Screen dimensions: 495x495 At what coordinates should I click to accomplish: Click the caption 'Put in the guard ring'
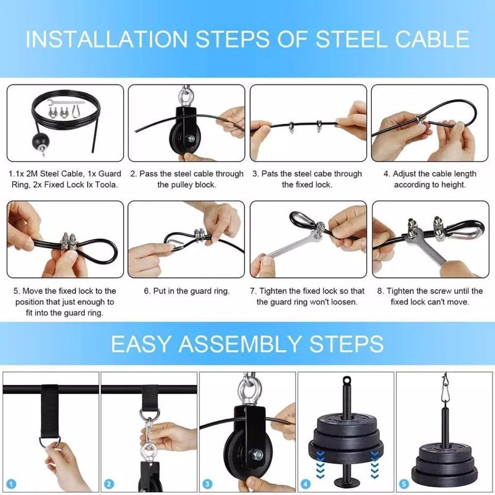coord(187,291)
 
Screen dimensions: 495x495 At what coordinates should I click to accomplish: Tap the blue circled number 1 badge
coord(11,484)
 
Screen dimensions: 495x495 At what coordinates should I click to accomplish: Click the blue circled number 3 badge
coord(208,484)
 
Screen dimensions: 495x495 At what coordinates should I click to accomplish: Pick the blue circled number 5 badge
coord(405,484)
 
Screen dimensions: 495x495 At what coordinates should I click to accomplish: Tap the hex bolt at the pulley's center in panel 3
coord(256,457)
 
